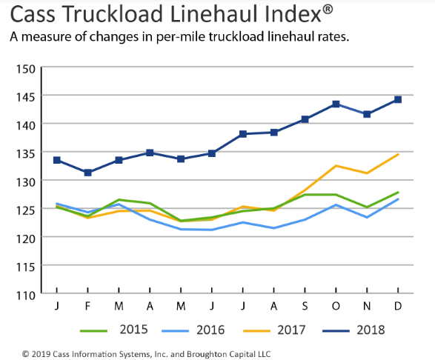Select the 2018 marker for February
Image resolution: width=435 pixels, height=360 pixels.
tap(88, 173)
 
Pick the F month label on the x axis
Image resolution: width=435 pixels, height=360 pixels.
tap(88, 306)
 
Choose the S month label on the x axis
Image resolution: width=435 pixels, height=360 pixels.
tap(305, 306)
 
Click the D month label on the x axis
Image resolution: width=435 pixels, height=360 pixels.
tap(398, 306)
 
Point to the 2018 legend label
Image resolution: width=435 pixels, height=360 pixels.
tap(370, 330)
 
